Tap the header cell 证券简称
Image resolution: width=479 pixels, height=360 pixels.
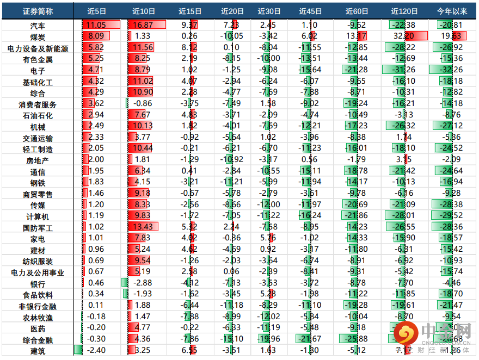click(38, 11)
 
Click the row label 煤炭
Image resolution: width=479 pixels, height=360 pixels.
click(38, 36)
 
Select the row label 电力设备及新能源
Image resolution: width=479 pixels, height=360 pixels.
click(38, 48)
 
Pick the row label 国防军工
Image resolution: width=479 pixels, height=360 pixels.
click(38, 227)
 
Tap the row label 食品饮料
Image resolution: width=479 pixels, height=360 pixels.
click(38, 295)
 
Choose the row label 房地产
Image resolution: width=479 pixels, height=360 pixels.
click(38, 160)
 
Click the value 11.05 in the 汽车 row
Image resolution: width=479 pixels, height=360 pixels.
click(96, 25)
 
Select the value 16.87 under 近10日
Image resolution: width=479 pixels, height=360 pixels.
click(142, 25)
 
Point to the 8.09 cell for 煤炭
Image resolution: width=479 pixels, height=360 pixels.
click(96, 36)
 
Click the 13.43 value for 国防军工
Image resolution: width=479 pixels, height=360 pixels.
click(142, 227)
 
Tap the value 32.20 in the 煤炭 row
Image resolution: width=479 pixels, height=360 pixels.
click(403, 36)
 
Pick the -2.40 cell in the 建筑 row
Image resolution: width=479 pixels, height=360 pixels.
click(96, 351)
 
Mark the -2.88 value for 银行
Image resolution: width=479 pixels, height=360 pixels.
click(142, 283)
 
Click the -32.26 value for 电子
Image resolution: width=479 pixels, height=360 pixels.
click(451, 70)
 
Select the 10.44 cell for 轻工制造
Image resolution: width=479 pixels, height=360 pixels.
click(142, 149)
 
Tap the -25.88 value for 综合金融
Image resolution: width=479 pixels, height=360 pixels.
click(357, 339)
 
